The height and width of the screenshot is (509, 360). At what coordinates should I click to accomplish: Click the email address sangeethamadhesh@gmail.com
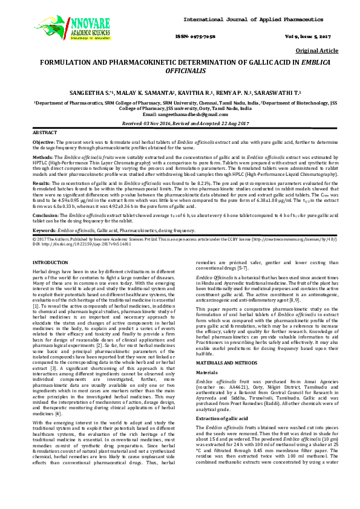click(180, 114)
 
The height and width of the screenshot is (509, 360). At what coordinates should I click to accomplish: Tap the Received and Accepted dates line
click(180, 123)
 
